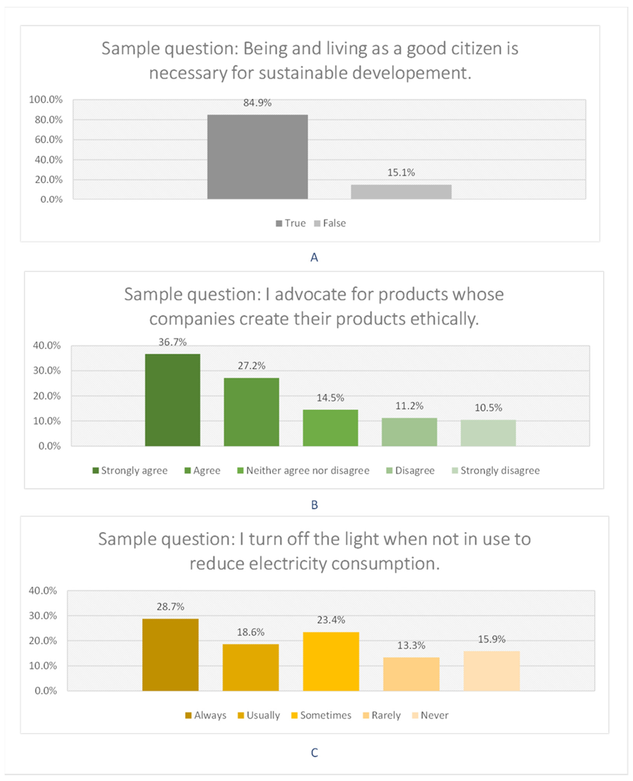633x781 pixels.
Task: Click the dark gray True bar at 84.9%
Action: (257, 157)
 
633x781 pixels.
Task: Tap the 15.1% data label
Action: (401, 172)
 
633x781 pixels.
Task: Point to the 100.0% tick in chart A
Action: (46, 100)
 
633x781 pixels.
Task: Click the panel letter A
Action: (314, 257)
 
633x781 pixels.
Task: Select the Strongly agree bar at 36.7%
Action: (172, 400)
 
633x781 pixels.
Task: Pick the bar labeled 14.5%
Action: (330, 428)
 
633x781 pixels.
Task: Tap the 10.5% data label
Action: (488, 408)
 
